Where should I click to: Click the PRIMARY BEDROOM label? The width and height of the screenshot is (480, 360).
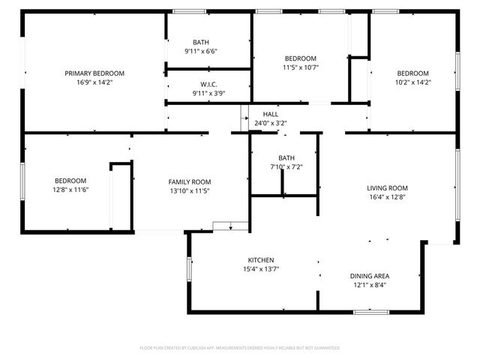click(x=94, y=73)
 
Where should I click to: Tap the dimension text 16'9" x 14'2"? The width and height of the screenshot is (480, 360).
click(x=94, y=82)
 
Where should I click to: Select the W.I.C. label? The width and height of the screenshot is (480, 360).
click(x=208, y=84)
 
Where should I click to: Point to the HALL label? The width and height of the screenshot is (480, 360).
click(x=271, y=114)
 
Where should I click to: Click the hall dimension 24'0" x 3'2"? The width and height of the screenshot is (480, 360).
click(x=271, y=123)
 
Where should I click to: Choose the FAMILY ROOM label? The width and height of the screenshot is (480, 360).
click(x=189, y=181)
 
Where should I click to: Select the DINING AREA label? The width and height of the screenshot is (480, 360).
click(x=371, y=275)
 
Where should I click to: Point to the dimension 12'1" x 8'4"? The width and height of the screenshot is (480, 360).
click(x=371, y=285)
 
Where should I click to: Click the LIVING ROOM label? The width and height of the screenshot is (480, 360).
click(x=387, y=188)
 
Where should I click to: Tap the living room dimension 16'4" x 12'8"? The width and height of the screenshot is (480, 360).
click(x=387, y=198)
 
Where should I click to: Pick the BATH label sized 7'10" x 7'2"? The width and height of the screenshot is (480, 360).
click(x=286, y=157)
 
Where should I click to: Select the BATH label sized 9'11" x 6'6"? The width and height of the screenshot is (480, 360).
click(x=201, y=42)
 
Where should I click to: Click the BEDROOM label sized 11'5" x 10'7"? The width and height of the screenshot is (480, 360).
click(x=300, y=58)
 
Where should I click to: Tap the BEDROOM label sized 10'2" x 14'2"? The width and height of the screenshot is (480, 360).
click(x=412, y=73)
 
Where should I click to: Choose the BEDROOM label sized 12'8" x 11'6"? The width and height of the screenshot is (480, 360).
click(x=70, y=181)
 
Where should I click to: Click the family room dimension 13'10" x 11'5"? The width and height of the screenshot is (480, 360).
click(x=189, y=191)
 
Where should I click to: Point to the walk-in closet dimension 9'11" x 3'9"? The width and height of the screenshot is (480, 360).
click(x=208, y=94)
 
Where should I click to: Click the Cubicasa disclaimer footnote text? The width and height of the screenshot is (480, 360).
click(x=240, y=348)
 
